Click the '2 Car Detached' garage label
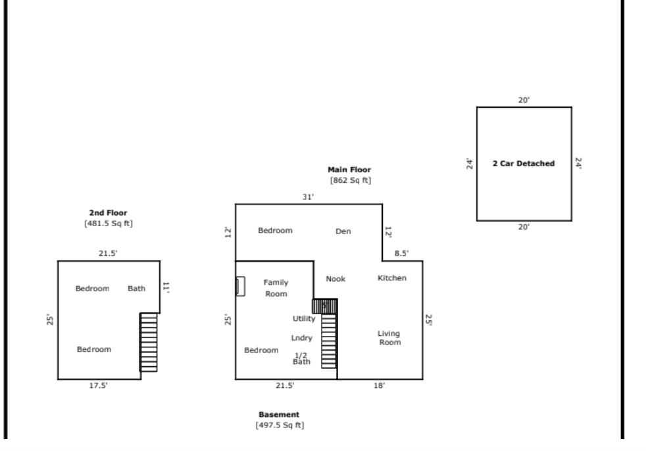click(x=524, y=164)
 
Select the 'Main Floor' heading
click(x=349, y=170)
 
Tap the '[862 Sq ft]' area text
click(x=349, y=180)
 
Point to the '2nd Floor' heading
click(x=108, y=212)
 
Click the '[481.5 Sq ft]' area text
click(x=108, y=224)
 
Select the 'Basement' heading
click(x=279, y=415)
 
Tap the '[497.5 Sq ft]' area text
click(x=279, y=426)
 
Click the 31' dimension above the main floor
click(x=309, y=197)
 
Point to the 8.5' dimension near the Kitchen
click(x=401, y=253)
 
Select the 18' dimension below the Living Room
click(x=379, y=386)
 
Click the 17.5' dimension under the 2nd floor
click(x=98, y=386)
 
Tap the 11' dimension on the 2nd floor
click(x=166, y=287)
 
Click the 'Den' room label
click(x=343, y=231)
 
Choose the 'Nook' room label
click(x=335, y=279)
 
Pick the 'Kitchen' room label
click(x=391, y=278)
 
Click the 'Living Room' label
click(x=389, y=338)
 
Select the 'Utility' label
click(x=304, y=319)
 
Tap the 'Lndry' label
click(x=302, y=338)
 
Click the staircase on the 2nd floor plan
click(x=149, y=342)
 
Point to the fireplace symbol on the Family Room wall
click(x=241, y=286)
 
